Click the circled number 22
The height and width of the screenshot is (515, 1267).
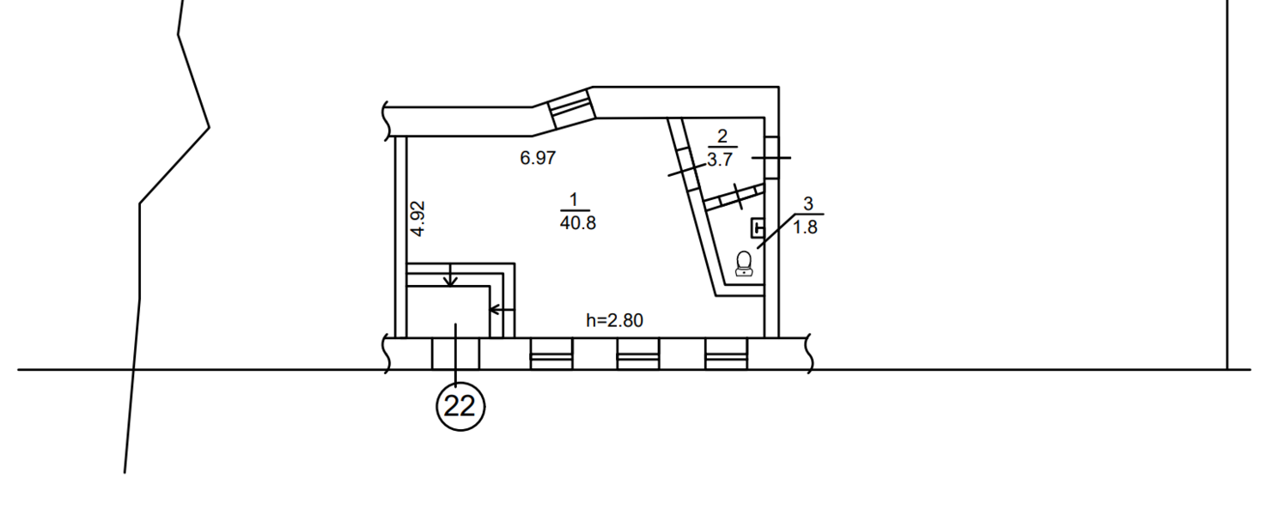pos(460,406)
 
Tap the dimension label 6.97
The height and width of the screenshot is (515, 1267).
pos(538,158)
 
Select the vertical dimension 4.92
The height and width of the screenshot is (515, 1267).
pos(417,219)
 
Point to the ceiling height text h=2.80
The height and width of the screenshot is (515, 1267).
pos(614,320)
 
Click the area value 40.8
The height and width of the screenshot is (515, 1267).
pos(577,222)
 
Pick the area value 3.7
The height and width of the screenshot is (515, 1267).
pos(720,160)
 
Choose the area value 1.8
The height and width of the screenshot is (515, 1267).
pos(805,227)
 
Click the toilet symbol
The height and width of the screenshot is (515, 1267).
pos(744,264)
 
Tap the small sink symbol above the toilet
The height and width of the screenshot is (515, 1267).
pos(758,228)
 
